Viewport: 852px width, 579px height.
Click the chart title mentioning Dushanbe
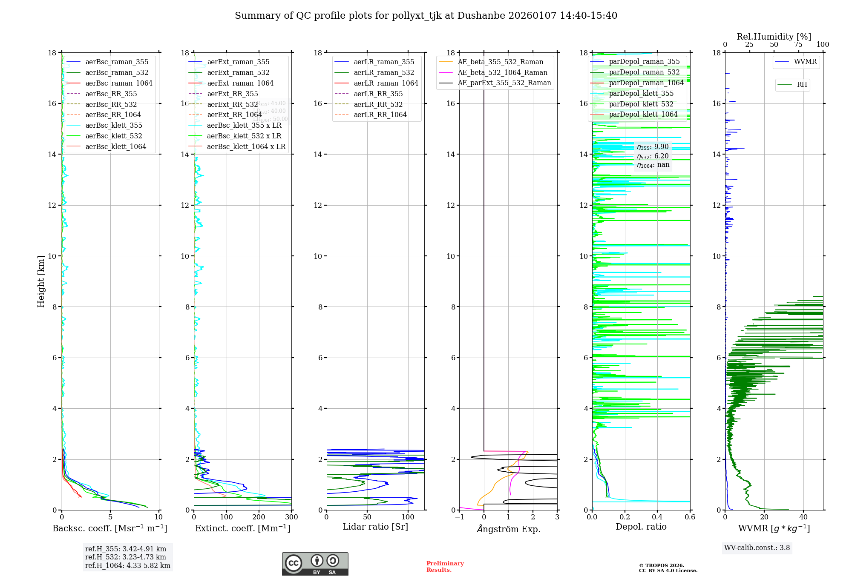426,16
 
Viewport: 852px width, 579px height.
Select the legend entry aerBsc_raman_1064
118,83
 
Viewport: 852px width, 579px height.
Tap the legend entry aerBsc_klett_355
113,125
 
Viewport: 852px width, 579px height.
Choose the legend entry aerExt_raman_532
238,72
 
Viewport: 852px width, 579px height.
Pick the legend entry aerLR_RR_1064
380,115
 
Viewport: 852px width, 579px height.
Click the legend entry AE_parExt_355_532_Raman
504,83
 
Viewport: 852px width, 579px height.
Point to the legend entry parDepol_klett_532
641,104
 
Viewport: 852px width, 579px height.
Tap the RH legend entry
802,85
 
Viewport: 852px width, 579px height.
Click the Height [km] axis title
41,281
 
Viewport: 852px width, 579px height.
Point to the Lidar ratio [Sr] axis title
375,527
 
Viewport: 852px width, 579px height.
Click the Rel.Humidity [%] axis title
774,37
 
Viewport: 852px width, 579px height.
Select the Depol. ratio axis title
641,527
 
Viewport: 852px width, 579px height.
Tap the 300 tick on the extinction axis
291,517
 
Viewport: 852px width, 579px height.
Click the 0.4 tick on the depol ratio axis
657,517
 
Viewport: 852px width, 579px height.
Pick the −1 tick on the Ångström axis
459,517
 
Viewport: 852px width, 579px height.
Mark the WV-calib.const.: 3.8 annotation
757,548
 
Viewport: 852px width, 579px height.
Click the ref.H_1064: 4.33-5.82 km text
127,565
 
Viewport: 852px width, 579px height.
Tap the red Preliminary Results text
445,567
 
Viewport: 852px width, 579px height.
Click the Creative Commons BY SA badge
315,564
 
